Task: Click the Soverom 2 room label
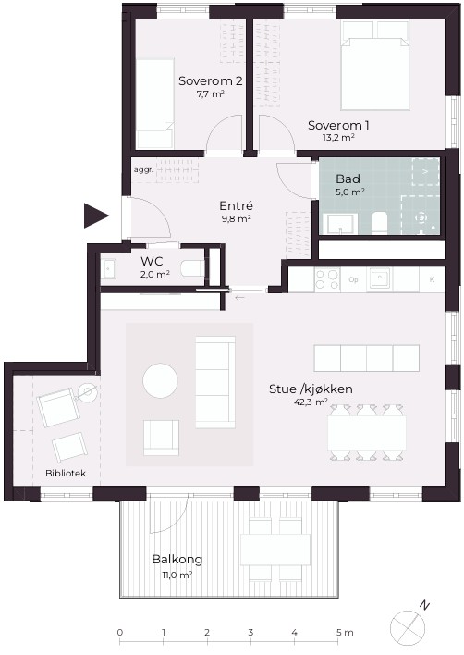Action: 211,80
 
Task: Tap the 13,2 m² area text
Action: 338,138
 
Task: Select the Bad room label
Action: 348,179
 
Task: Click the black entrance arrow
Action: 96,216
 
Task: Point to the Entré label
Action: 237,205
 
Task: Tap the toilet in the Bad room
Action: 380,223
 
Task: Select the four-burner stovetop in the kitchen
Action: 327,279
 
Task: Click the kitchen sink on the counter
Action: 379,279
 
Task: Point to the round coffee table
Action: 160,380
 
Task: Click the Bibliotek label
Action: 66,474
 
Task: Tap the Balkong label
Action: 177,560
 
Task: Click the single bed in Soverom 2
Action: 154,104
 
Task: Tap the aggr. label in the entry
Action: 143,170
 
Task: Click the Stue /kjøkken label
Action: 311,389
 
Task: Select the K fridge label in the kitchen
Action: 432,279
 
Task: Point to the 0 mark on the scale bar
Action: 120,633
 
